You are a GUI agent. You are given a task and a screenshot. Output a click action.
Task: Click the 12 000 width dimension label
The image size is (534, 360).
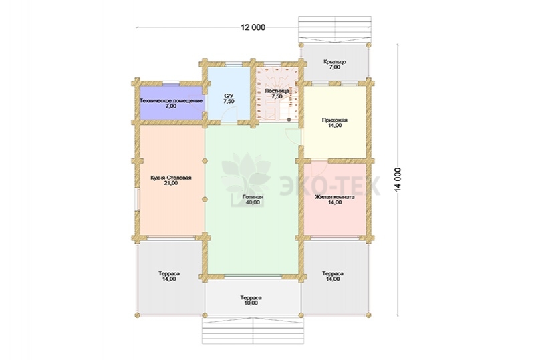253,27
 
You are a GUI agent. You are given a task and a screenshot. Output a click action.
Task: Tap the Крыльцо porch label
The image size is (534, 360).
335,65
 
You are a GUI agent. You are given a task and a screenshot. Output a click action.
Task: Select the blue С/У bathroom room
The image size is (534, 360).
229,94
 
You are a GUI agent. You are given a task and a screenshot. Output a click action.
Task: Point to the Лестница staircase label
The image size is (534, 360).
277,94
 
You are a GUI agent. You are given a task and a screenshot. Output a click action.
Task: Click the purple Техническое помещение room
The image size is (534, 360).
172,103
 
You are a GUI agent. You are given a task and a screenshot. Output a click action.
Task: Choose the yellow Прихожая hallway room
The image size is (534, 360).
334,122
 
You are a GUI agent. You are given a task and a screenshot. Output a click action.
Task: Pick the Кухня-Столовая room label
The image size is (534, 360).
171,180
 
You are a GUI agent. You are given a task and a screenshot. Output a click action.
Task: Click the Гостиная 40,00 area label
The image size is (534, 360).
253,200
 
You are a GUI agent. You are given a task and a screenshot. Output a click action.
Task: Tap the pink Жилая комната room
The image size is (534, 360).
335,199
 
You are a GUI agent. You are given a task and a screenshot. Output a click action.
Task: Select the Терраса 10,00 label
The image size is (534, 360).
251,300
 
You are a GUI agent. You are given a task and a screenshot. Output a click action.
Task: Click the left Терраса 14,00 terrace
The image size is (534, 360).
170,277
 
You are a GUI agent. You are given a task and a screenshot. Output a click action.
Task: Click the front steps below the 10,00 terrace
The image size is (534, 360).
252,331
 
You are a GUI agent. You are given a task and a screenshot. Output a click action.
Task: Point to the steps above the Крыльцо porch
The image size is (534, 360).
335,29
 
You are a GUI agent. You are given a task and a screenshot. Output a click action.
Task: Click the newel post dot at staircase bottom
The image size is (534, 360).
289,120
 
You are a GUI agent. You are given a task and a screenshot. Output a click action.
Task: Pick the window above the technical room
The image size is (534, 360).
171,83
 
